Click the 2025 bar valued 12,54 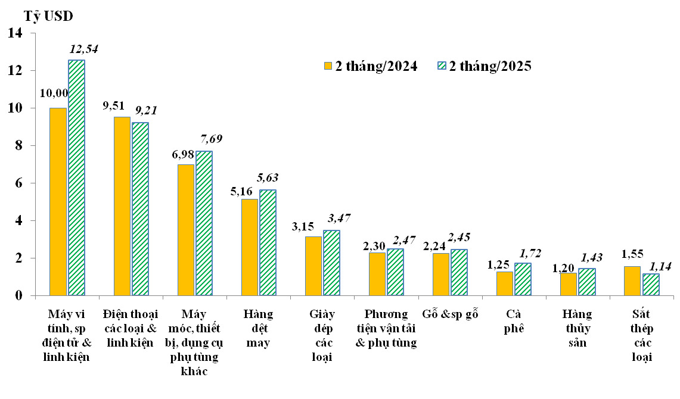tap(76, 177)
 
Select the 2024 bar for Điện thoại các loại tap(122, 206)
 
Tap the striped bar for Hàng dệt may tap(268, 242)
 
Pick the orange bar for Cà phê tap(504, 283)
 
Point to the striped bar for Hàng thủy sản tap(587, 282)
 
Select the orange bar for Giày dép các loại tap(313, 266)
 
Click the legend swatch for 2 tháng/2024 tap(327, 66)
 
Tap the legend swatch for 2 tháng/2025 tap(442, 66)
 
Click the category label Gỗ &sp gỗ tap(450, 314)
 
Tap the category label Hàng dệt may tap(258, 328)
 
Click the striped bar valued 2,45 tap(459, 272)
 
